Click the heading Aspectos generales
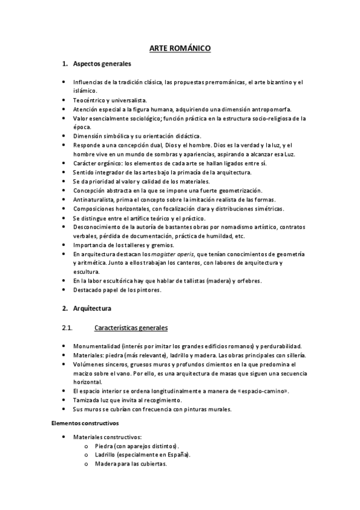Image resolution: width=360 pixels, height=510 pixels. pos(102,63)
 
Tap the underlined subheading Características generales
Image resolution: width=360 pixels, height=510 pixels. pos(131,328)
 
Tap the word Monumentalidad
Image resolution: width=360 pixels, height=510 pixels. pos(96,346)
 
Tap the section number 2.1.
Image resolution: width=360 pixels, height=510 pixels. pos(67,328)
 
